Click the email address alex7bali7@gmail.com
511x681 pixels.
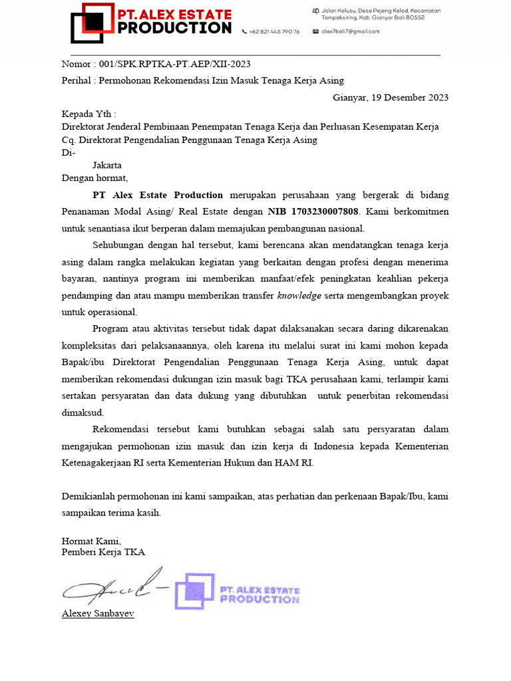[350, 31]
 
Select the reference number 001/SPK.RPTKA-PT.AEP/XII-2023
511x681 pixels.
[174, 64]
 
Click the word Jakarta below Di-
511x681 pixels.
[107, 165]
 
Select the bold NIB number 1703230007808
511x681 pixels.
[313, 211]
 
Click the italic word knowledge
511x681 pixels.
[299, 295]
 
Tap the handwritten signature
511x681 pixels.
[113, 585]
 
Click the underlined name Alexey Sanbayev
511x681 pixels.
[98, 613]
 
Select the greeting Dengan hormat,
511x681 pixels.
[94, 178]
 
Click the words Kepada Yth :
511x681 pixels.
[88, 114]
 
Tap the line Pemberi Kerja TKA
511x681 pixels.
[103, 552]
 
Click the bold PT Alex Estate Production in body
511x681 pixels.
[158, 195]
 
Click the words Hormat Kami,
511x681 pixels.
[91, 541]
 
